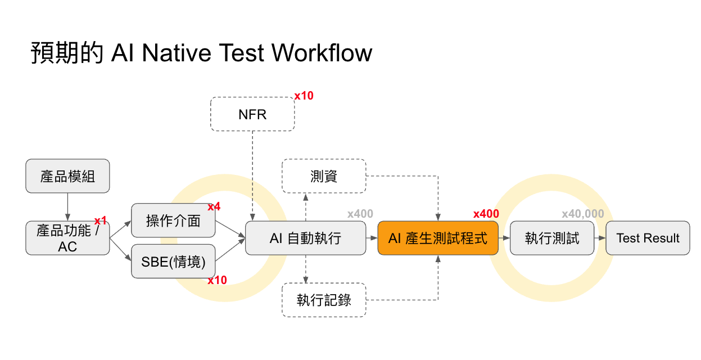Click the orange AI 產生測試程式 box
[x=438, y=238]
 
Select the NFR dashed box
[x=252, y=114]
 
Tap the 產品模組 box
[x=67, y=176]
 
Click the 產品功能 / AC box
[x=67, y=238]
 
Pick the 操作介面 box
[x=173, y=220]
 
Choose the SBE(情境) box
[x=173, y=261]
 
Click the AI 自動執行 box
[x=305, y=238]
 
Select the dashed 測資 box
[x=324, y=176]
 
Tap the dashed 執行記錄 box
[x=324, y=300]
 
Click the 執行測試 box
[x=551, y=238]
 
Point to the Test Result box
[x=648, y=238]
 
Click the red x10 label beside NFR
[x=304, y=96]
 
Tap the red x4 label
[x=214, y=206]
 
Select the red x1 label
[x=100, y=220]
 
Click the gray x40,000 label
[x=582, y=214]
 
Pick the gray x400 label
[x=360, y=214]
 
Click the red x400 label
[x=486, y=214]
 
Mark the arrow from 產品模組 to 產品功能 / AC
[x=67, y=206]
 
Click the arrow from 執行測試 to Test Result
[x=600, y=238]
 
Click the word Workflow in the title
[x=322, y=53]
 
